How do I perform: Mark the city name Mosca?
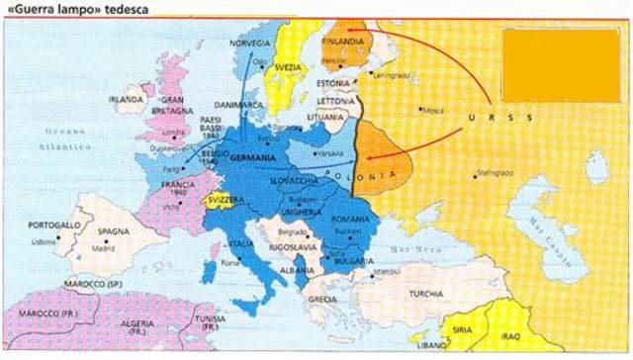click(433, 111)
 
